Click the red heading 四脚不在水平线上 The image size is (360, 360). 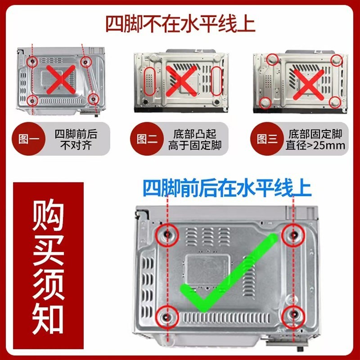pyautogui.click(x=180, y=23)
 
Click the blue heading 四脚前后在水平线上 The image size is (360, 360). pyautogui.click(x=227, y=188)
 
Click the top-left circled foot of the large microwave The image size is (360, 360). pyautogui.click(x=167, y=234)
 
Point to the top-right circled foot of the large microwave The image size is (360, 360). pyautogui.click(x=293, y=234)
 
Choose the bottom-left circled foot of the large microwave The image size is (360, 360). pyautogui.click(x=167, y=316)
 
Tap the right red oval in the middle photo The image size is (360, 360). pyautogui.click(x=217, y=81)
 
